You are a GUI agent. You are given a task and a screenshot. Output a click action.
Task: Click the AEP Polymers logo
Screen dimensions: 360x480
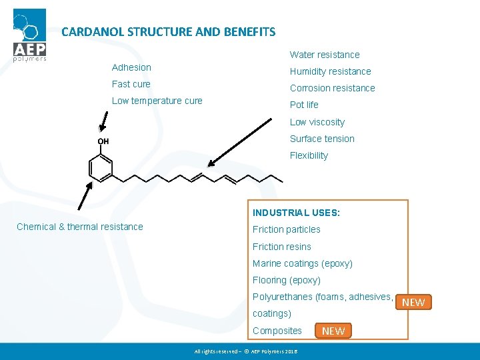[30, 35]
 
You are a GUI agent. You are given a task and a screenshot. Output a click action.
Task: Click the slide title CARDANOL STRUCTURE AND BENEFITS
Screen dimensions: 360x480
[168, 31]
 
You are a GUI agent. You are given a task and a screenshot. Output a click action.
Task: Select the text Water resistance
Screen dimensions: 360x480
[325, 55]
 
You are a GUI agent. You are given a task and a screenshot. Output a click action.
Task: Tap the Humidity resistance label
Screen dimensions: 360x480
[330, 71]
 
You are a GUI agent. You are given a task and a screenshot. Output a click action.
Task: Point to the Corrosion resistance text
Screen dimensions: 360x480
[332, 88]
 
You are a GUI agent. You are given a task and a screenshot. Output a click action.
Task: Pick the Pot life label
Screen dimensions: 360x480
[304, 105]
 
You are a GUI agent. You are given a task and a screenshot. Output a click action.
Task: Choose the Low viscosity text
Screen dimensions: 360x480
[317, 122]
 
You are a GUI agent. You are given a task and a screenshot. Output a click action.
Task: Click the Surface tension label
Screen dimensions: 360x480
[322, 139]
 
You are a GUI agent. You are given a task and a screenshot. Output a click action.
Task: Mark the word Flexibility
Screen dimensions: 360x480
[309, 155]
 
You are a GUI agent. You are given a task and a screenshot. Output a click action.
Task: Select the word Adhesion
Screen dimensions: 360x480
[131, 67]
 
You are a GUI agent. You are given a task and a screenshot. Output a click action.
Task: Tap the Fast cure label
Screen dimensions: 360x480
[131, 84]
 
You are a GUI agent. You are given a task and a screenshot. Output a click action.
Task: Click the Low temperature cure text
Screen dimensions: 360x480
[157, 101]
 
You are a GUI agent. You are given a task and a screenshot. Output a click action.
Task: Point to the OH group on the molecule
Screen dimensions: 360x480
[103, 141]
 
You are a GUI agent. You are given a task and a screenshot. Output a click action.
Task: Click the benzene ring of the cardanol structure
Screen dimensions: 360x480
[101, 167]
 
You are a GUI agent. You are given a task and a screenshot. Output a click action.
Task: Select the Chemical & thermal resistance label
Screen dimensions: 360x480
[80, 227]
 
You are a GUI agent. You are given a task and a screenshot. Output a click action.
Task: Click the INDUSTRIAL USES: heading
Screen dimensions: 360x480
[296, 213]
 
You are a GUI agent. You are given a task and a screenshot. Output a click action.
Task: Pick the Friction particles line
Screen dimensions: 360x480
[287, 229]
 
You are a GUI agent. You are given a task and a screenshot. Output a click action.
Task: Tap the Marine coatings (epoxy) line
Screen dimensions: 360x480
[303, 263]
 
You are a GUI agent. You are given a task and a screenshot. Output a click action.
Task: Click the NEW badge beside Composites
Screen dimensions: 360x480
[333, 331]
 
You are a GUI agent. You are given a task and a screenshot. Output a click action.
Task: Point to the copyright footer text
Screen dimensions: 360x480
[246, 351]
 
